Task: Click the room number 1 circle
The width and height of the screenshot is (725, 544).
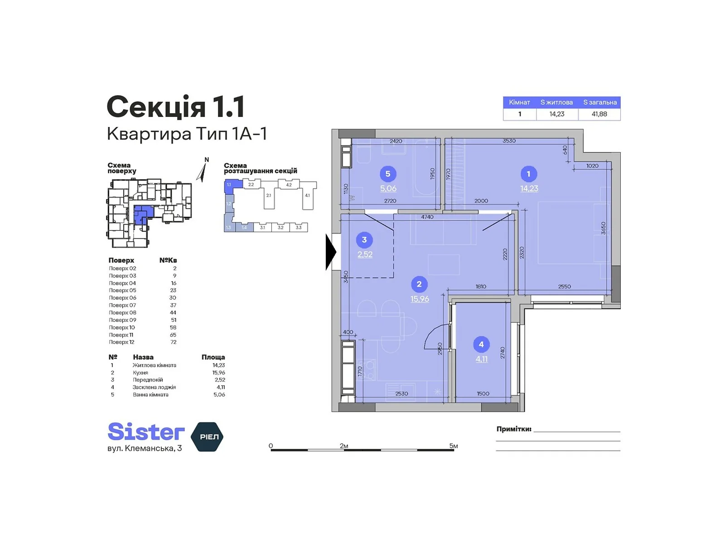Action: (528, 174)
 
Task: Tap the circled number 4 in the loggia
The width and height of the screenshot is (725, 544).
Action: (481, 345)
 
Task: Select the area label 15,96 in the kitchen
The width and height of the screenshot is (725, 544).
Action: (420, 299)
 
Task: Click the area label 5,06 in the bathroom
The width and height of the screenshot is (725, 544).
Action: (388, 189)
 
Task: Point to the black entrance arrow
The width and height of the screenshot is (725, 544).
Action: (331, 252)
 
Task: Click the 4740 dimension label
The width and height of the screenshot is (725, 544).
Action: (427, 217)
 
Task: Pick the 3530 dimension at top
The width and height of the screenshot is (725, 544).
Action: (509, 141)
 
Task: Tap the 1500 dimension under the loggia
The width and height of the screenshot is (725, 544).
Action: (483, 393)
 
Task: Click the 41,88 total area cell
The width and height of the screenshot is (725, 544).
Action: (599, 114)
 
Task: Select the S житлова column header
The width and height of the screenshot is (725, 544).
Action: (556, 102)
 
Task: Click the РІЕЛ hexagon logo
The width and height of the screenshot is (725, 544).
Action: (208, 437)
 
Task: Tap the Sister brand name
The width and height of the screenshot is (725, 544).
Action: (146, 432)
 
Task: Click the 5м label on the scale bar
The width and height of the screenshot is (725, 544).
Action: (453, 446)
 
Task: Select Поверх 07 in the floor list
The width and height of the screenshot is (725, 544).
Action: (122, 306)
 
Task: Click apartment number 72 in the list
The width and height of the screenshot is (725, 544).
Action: (174, 342)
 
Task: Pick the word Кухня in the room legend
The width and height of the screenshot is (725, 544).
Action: (140, 373)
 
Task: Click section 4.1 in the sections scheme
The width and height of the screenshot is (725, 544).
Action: (307, 196)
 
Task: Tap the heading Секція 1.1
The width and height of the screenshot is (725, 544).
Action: (176, 107)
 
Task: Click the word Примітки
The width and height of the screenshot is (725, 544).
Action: (513, 429)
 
